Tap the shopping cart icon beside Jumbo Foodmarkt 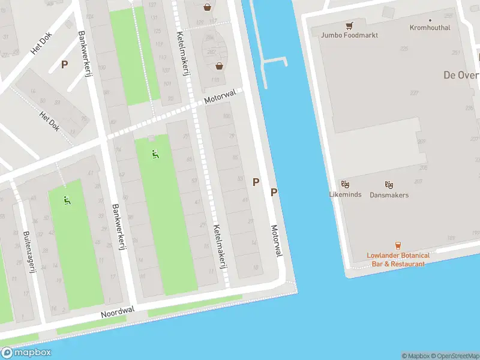349,26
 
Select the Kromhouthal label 430,28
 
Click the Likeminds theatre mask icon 345,185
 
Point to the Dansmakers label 389,195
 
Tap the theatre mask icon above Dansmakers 389,185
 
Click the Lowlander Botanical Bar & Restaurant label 398,259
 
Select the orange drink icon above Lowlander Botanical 397,245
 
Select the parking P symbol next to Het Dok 64,64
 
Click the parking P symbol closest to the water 274,192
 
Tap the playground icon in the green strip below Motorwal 155,154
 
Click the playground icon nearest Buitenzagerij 68,200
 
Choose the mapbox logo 26,353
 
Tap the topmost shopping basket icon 207,8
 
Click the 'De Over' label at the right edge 461,75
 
